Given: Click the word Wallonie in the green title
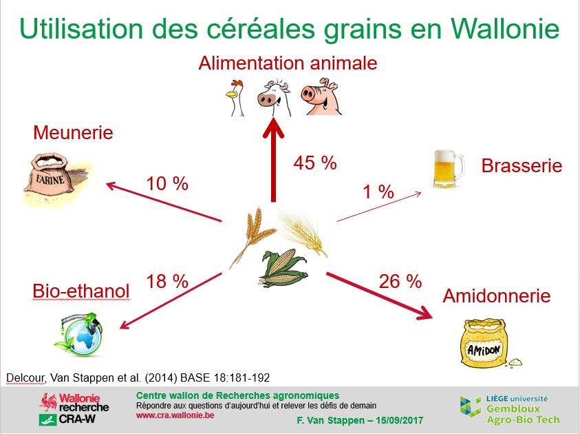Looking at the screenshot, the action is click(504, 28).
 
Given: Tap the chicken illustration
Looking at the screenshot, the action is click(235, 97).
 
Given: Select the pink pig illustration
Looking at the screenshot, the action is click(321, 96).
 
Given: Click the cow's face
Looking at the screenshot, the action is click(274, 97).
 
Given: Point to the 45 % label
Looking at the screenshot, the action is click(315, 163).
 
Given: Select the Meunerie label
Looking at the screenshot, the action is click(73, 132).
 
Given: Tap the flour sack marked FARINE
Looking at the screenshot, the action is click(56, 179).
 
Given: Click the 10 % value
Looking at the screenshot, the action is click(167, 184).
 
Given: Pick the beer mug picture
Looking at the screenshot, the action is click(448, 169).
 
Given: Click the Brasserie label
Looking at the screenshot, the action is click(522, 165).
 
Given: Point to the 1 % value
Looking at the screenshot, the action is click(378, 192).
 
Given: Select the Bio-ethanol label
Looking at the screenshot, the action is click(81, 291).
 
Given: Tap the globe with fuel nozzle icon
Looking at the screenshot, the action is click(80, 334).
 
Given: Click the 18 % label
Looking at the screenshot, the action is click(167, 282).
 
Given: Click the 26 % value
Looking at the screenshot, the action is click(400, 282).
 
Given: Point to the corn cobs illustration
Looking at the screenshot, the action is click(283, 268).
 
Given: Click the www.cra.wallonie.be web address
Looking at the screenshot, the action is click(175, 415).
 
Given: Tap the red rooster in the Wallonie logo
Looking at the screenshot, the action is click(50, 402).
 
